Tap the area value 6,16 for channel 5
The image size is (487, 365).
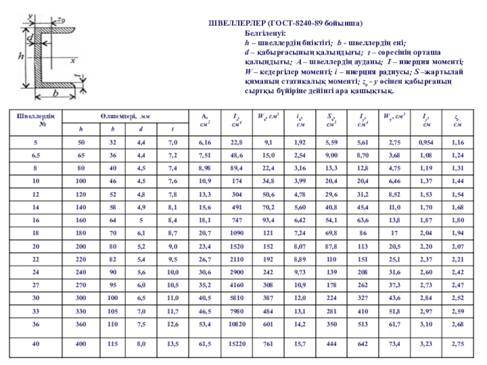[204, 142]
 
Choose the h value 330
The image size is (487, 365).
[80, 310]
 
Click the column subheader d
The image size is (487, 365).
[140, 129]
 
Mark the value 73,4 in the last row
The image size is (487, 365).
[394, 344]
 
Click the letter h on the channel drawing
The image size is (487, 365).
[21, 56]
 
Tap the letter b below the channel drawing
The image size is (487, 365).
[55, 94]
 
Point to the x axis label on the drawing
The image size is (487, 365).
[72, 61]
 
